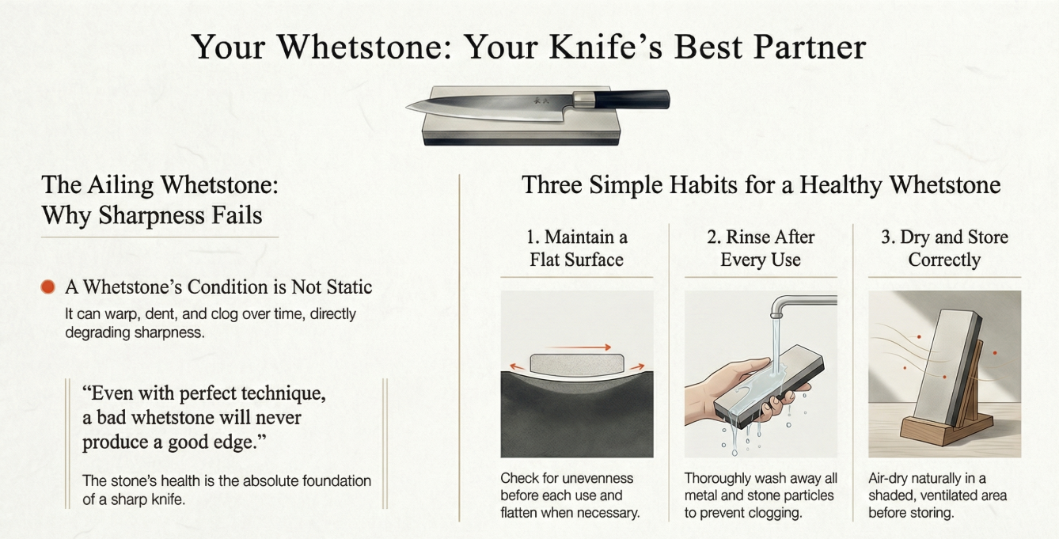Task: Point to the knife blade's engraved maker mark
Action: [x=542, y=101]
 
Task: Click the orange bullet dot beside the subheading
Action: [x=47, y=287]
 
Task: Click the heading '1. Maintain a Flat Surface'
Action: [x=576, y=248]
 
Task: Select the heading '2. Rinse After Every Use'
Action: [x=761, y=248]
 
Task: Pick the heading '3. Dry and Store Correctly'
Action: [x=944, y=248]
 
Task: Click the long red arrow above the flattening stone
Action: [x=581, y=347]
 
